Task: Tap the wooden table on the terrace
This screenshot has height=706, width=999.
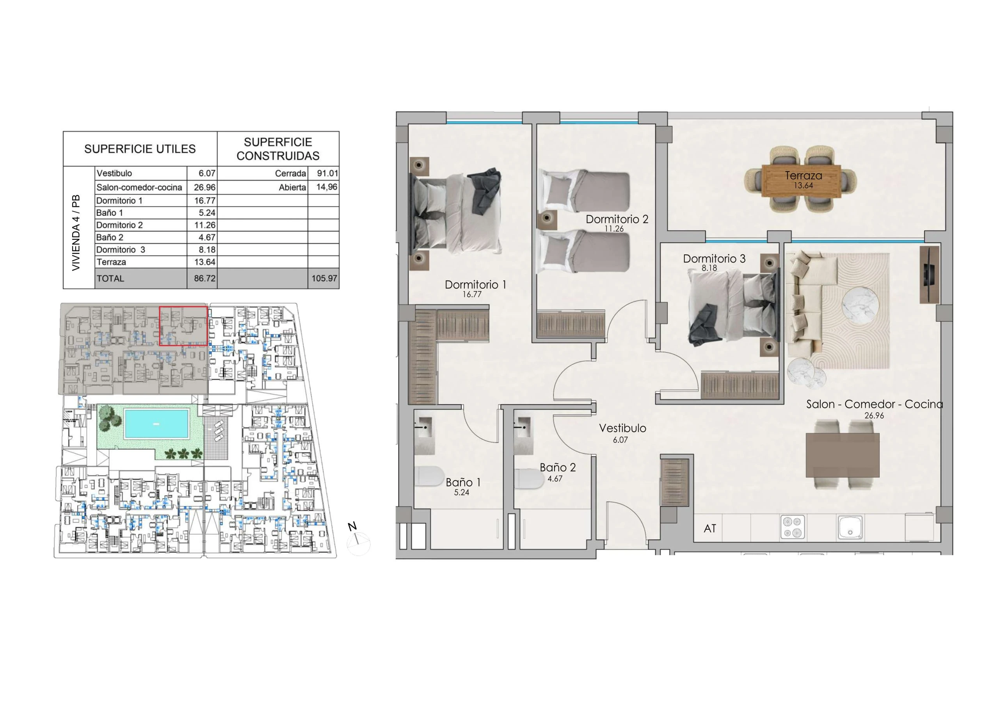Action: [x=801, y=181]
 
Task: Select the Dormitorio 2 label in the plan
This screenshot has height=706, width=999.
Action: [x=617, y=219]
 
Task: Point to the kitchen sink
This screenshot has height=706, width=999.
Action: [x=850, y=527]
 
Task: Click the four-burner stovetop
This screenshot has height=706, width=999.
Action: [x=793, y=527]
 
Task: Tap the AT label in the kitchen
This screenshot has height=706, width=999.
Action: [x=710, y=529]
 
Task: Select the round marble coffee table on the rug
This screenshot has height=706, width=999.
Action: [x=860, y=306]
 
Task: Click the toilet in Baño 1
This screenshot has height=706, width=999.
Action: [x=429, y=476]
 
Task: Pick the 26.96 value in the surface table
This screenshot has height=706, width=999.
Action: [x=204, y=188]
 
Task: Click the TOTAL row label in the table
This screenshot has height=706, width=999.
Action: [x=110, y=278]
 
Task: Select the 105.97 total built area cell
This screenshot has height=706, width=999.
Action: [x=324, y=278]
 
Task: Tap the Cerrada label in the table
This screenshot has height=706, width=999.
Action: [x=290, y=173]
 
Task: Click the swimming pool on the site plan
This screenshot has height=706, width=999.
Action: [x=156, y=423]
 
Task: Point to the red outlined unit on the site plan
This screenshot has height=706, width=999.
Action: [x=183, y=326]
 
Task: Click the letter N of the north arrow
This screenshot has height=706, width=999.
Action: [x=352, y=526]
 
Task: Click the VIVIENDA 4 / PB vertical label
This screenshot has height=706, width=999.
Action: [x=76, y=232]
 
